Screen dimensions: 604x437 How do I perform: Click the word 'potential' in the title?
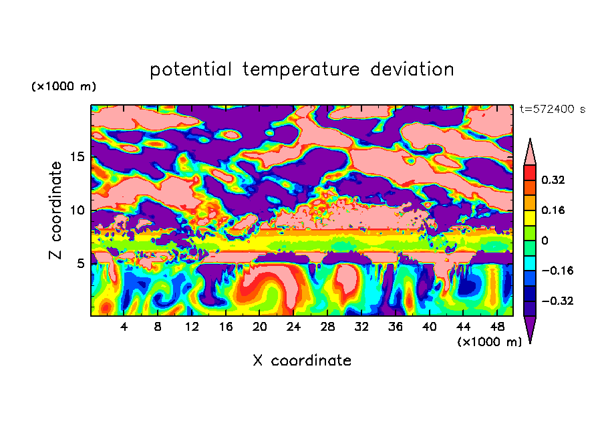pyautogui.click(x=190, y=69)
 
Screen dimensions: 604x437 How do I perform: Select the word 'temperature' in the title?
pyautogui.click(x=301, y=69)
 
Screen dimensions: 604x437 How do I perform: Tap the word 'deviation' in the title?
pyautogui.click(x=412, y=69)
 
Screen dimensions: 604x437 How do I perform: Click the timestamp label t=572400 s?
pyautogui.click(x=553, y=109)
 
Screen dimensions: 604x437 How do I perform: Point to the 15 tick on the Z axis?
pyautogui.click(x=77, y=157)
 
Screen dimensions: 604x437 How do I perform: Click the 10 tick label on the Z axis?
pyautogui.click(x=77, y=210)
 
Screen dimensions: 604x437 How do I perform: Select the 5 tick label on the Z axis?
pyautogui.click(x=80, y=263)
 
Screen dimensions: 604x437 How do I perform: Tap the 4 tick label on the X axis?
pyautogui.click(x=124, y=327)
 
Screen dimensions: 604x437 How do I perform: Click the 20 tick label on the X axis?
pyautogui.click(x=259, y=327)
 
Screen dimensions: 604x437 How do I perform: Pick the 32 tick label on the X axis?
pyautogui.click(x=361, y=327)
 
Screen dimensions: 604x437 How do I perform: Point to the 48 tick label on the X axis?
pyautogui.click(x=497, y=327)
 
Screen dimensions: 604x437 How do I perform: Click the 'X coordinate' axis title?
pyautogui.click(x=302, y=360)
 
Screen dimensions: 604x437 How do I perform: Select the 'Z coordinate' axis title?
pyautogui.click(x=55, y=210)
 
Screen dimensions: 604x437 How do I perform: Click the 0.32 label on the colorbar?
pyautogui.click(x=553, y=180)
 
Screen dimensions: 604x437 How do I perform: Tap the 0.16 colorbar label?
pyautogui.click(x=553, y=210)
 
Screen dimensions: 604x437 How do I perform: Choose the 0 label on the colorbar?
pyautogui.click(x=545, y=241)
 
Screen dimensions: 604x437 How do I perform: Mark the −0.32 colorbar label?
pyautogui.click(x=557, y=301)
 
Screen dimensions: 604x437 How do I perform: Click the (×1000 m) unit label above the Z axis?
pyautogui.click(x=63, y=86)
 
